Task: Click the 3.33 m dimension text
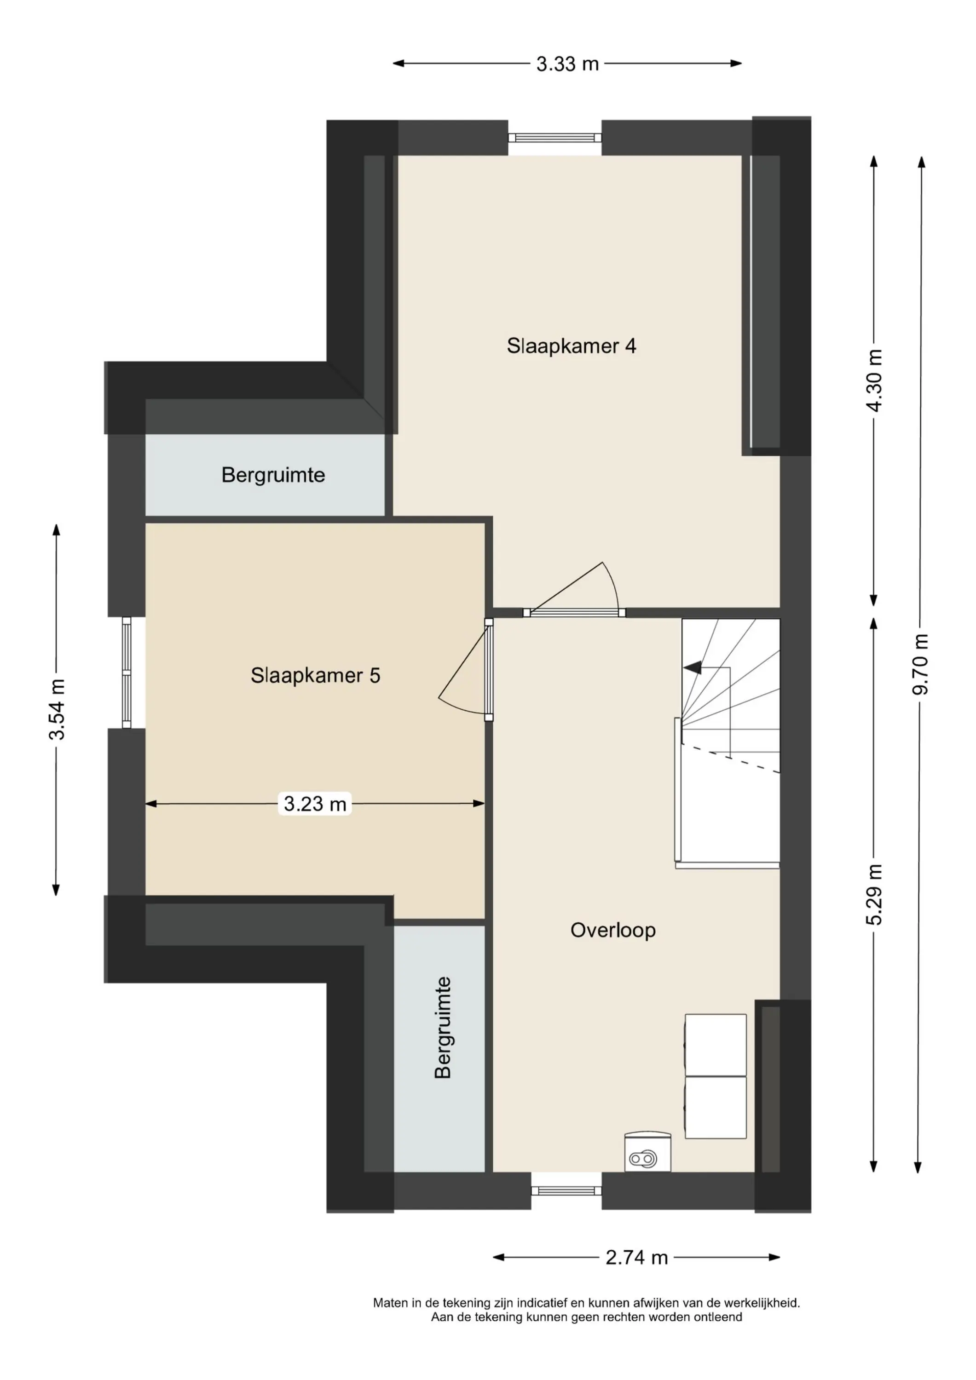pos(568,64)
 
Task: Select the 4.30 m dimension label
pos(874,380)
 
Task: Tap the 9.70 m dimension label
pos(921,664)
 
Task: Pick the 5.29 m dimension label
pos(874,894)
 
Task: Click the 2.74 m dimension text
pos(637,1257)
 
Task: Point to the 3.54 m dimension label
pos(57,709)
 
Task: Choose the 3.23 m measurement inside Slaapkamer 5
pos(315,804)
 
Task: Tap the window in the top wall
pos(554,138)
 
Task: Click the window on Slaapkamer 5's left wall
pos(126,673)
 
